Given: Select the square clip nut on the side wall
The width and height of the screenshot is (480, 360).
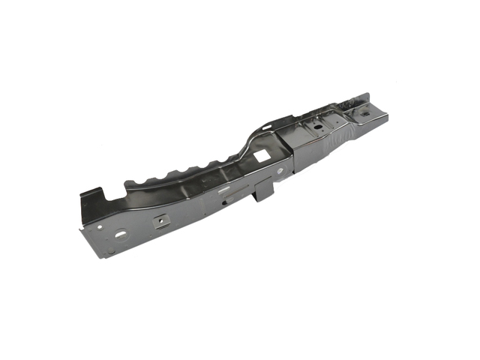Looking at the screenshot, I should coord(160,221).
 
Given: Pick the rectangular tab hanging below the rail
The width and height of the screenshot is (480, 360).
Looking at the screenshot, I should coord(263,193).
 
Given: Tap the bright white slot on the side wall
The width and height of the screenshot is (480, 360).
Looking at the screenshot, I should coord(223,190).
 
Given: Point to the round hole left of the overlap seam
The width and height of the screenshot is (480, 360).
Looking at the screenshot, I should coord(279,171).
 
